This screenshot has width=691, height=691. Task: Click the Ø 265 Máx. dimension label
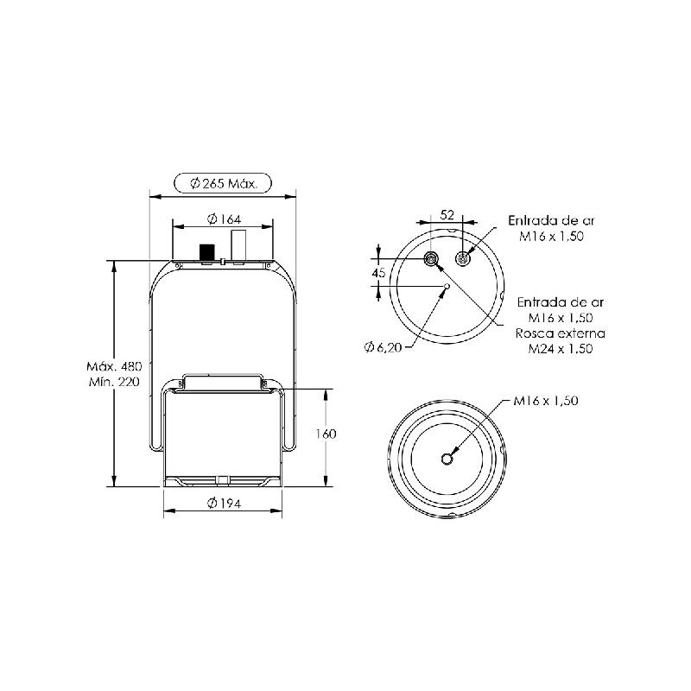click(x=223, y=183)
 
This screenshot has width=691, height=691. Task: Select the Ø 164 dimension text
click(x=224, y=219)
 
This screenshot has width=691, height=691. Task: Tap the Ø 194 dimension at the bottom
click(x=224, y=503)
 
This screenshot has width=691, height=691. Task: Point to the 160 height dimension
click(x=326, y=434)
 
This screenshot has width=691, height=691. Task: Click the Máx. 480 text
click(x=114, y=366)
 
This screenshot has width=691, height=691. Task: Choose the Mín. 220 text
click(x=114, y=382)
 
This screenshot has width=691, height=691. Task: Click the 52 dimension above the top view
click(x=447, y=214)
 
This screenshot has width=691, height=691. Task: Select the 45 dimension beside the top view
click(x=378, y=273)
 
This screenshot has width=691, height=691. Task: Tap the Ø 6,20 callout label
click(x=383, y=348)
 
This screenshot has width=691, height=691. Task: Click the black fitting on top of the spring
click(x=206, y=252)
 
